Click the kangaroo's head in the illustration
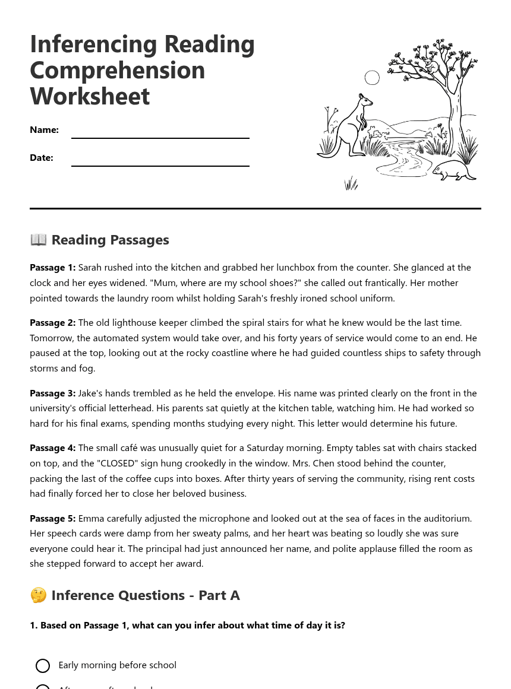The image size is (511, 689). (365, 100)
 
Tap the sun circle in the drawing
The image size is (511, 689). (372, 78)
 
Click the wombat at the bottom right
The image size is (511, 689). (453, 170)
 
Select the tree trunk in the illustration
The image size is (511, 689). (455, 119)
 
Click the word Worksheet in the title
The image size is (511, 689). (90, 96)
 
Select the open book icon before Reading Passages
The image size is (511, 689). (38, 240)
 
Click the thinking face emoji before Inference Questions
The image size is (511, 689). (38, 595)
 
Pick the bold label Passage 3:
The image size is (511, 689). (52, 393)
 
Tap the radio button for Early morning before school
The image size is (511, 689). (43, 666)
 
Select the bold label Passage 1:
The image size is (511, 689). (52, 268)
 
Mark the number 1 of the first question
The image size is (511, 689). (33, 626)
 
